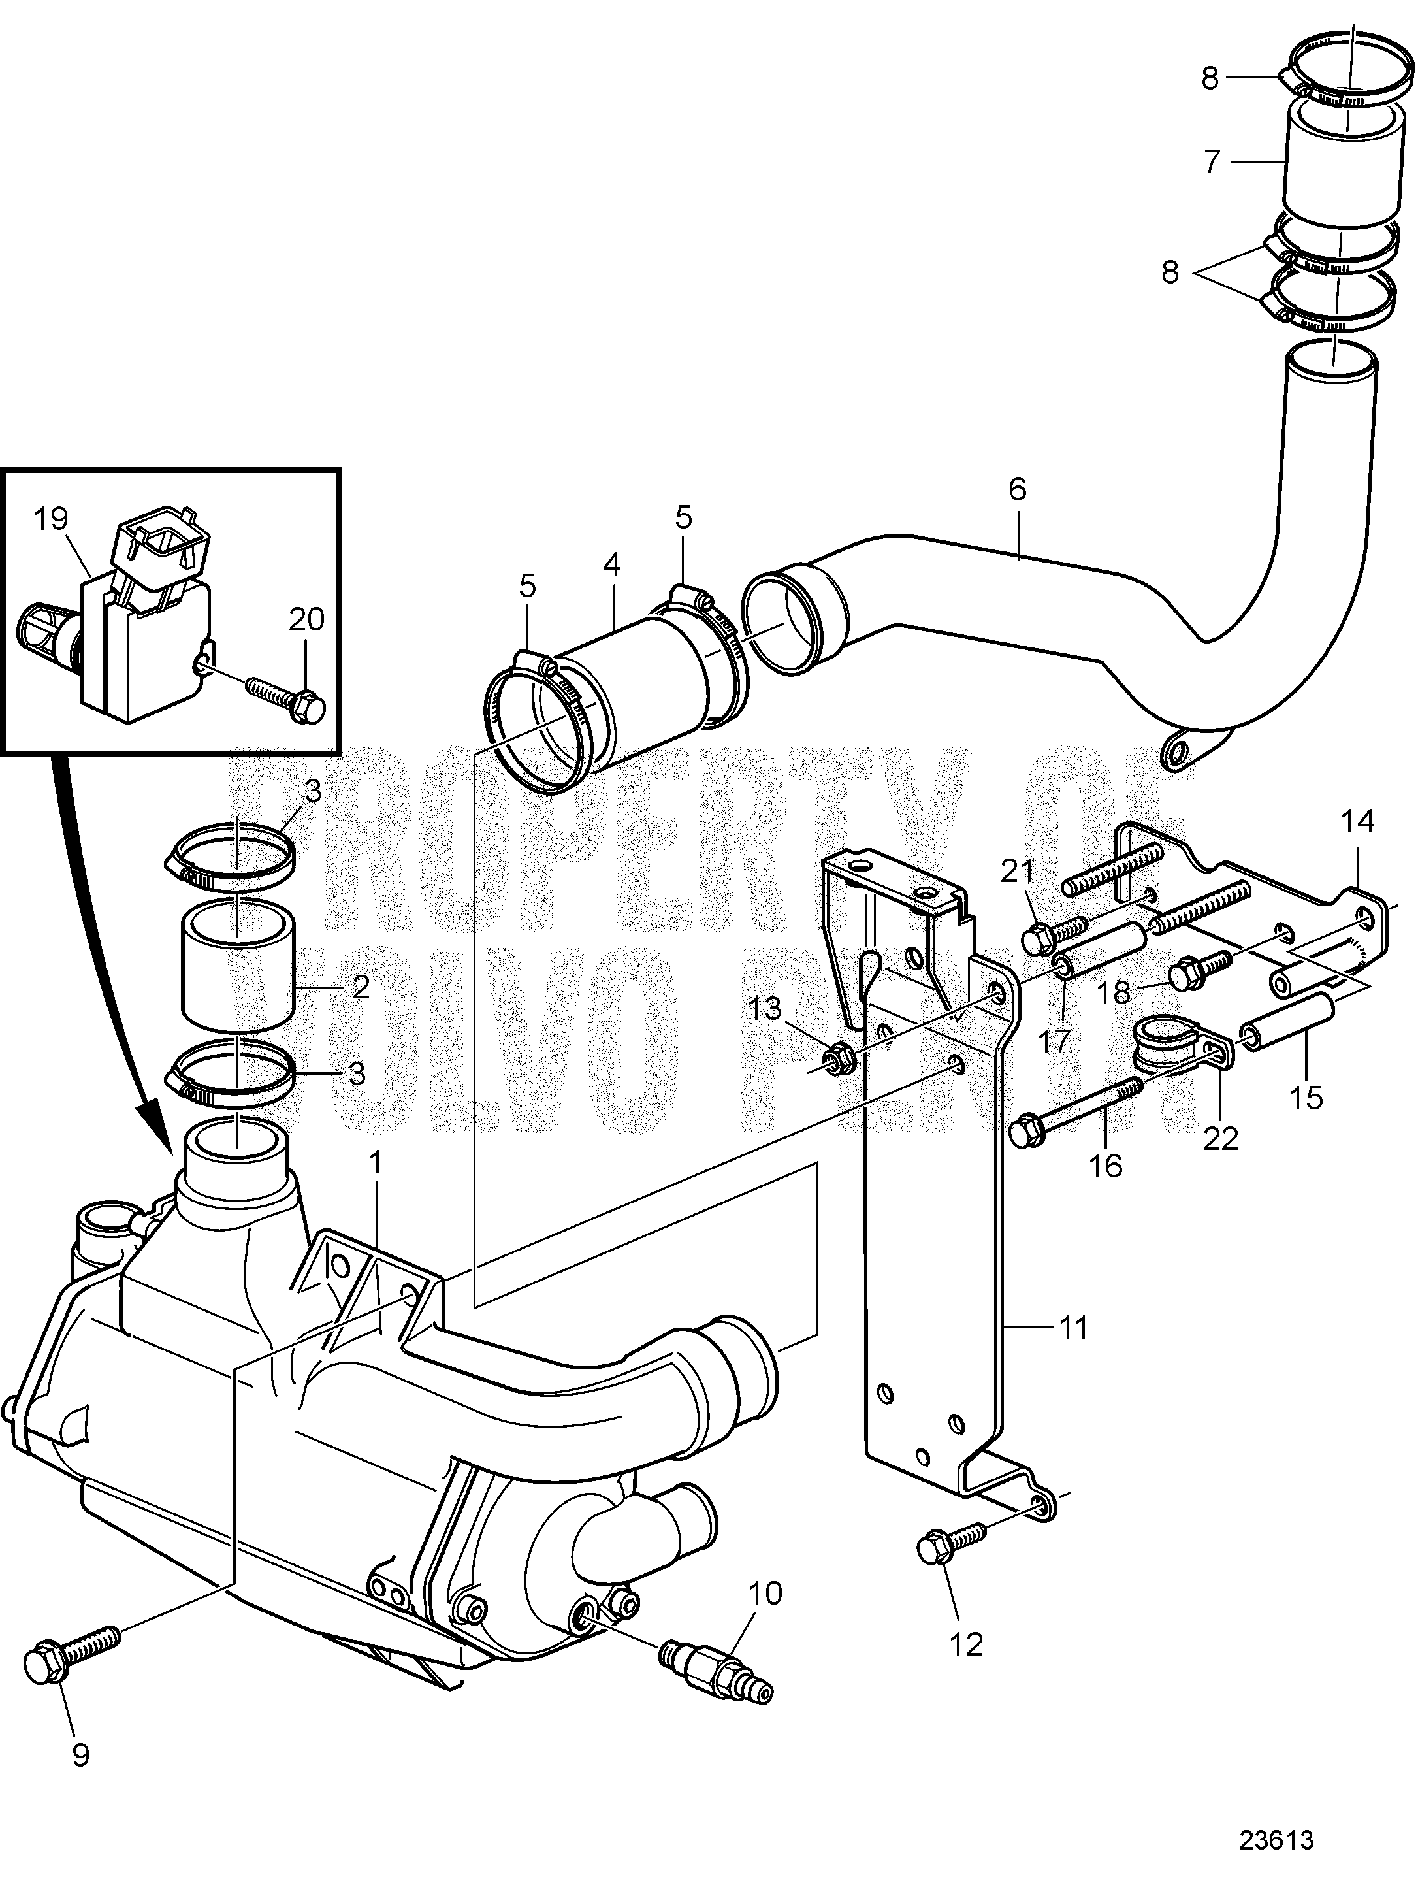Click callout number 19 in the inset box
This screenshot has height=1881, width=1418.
[x=51, y=519]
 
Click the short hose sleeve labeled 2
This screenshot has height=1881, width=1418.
[x=236, y=970]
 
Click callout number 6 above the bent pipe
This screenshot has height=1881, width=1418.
[x=1017, y=489]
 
